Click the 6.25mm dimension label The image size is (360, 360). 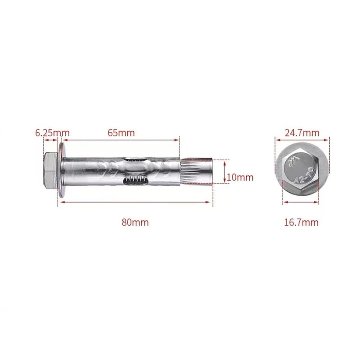coord(52,133)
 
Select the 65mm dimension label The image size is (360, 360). coord(121,133)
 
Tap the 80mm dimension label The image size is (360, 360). coord(135,222)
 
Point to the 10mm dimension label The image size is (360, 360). coord(240,177)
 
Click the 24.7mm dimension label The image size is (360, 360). coord(302,133)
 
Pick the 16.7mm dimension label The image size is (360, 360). coord(301,222)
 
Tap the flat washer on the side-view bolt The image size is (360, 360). coord(61,170)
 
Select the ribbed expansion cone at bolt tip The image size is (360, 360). coord(196,171)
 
